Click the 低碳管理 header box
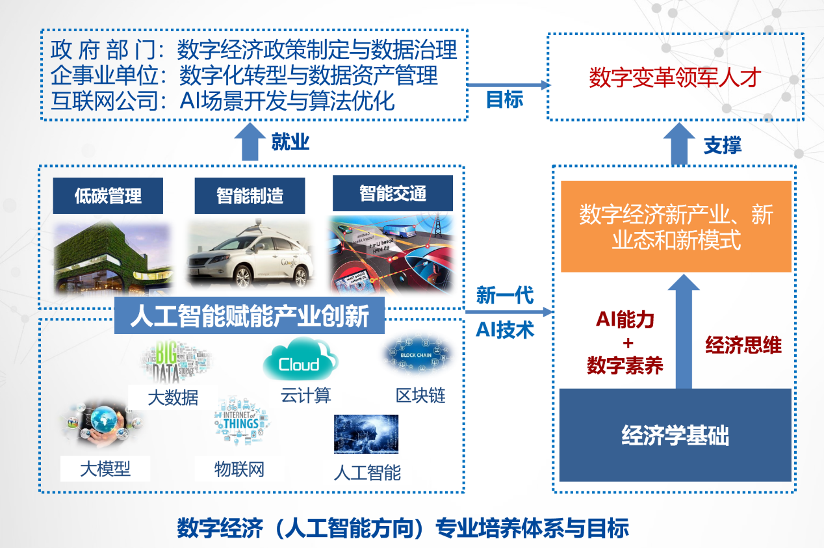pyautogui.click(x=108, y=196)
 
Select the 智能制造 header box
pyautogui.click(x=250, y=196)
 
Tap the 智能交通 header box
pyautogui.click(x=393, y=193)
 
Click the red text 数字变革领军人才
pyautogui.click(x=675, y=79)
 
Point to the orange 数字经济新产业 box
pyautogui.click(x=676, y=226)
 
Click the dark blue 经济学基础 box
pyautogui.click(x=675, y=435)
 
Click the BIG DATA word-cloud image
pyautogui.click(x=175, y=363)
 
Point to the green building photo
pyautogui.click(x=111, y=260)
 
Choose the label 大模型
pyautogui.click(x=105, y=469)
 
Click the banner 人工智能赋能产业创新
pyautogui.click(x=250, y=317)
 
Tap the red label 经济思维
pyautogui.click(x=743, y=345)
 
